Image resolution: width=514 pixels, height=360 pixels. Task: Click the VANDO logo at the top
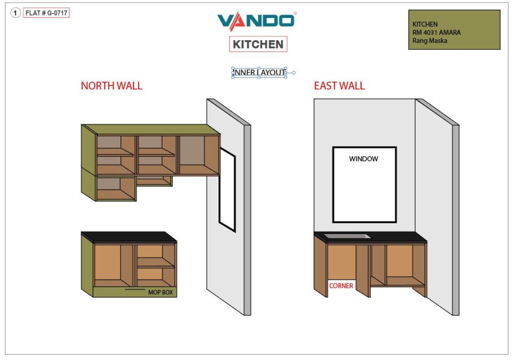coord(256,21)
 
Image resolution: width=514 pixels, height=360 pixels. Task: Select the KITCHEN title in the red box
coord(258,44)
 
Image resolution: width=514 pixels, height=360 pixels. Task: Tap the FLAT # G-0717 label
coord(46,13)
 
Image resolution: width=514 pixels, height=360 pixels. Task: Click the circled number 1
coord(15,13)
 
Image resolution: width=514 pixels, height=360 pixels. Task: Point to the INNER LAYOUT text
coord(259,72)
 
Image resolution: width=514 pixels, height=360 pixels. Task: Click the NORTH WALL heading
coord(111,86)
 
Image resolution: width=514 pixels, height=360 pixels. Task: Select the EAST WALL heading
coord(339,86)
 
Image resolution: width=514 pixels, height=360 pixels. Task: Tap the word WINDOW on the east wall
coord(363,159)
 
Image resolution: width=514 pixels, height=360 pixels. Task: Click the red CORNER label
coord(341,286)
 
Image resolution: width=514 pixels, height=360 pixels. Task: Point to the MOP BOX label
coord(160,292)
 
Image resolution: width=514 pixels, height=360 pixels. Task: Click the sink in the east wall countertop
coord(347,236)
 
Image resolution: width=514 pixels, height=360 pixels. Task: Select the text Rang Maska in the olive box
coord(430,41)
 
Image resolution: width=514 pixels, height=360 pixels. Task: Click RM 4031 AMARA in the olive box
coord(436,33)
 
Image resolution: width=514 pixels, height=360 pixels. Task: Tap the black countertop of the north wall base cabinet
coord(129,237)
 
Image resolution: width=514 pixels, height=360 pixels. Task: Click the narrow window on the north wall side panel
coord(227,190)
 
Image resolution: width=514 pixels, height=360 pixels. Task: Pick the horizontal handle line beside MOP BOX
coord(135,290)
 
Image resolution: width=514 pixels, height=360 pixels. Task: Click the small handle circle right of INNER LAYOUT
coord(294,73)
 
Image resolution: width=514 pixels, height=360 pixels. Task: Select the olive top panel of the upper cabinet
coord(151,130)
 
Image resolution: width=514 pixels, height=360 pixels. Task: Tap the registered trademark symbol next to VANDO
coord(295,14)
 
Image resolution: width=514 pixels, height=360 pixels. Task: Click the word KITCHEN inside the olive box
coord(425,24)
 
